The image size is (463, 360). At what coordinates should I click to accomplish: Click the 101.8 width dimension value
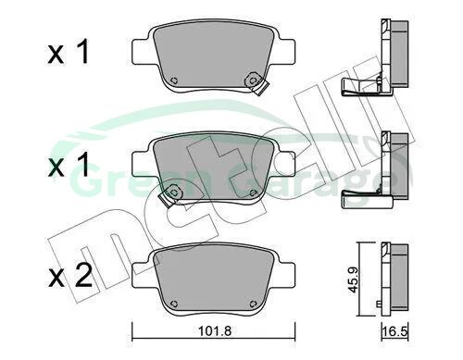pyautogui.click(x=215, y=331)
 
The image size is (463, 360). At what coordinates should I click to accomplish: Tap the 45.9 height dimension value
pyautogui.click(x=352, y=279)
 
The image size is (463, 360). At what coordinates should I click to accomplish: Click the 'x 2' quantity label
pyautogui.click(x=70, y=276)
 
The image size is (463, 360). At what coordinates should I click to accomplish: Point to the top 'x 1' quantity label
pyautogui.click(x=69, y=52)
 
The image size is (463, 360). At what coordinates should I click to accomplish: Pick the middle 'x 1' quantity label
pyautogui.click(x=69, y=165)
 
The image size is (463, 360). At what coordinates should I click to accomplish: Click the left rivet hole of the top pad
pyautogui.click(x=174, y=81)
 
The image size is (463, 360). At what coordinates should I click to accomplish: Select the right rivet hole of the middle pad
pyautogui.click(x=253, y=193)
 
